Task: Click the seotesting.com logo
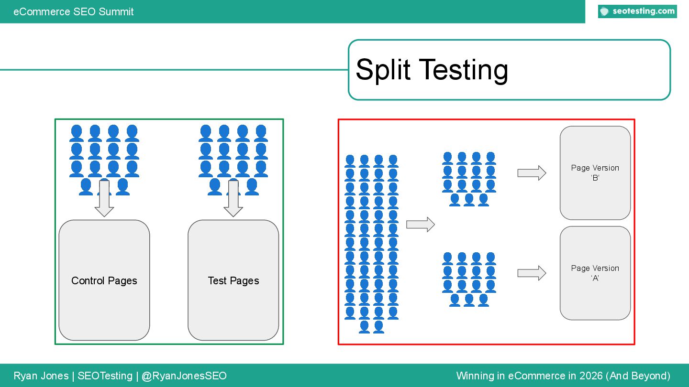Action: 637,11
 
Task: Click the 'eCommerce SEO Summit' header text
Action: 74,11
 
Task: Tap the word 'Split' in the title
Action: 383,70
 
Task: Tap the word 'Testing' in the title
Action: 463,70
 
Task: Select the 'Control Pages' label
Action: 104,280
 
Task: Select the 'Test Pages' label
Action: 233,280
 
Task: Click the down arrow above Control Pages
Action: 104,198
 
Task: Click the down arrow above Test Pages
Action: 233,198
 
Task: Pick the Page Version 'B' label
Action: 595,172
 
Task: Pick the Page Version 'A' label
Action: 595,273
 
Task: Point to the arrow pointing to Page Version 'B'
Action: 532,173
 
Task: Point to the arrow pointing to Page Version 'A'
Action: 532,273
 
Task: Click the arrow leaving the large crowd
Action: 420,225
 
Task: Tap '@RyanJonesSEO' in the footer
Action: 184,376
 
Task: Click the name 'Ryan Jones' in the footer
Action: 41,376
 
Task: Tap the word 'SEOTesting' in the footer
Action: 105,376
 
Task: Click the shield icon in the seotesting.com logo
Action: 605,11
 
